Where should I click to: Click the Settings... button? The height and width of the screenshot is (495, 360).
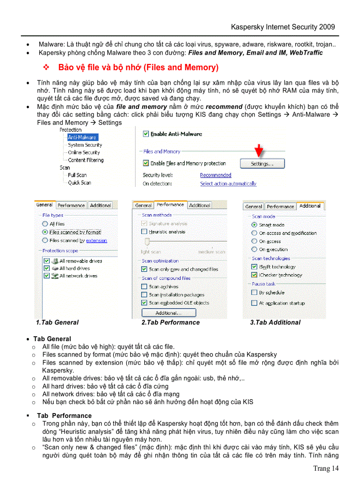262,164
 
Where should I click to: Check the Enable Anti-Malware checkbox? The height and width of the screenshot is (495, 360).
146,134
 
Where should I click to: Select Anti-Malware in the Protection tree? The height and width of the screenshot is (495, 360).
82,138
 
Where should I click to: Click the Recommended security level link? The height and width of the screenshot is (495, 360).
215,175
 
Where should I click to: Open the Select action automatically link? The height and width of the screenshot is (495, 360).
228,184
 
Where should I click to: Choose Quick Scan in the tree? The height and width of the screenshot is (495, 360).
79,183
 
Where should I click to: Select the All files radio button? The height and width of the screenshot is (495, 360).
45,224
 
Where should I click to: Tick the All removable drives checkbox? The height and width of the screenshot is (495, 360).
46,261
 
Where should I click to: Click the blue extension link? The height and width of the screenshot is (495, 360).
96,241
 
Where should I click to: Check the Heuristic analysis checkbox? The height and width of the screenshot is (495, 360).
144,231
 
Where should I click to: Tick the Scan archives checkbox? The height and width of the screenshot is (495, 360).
144,287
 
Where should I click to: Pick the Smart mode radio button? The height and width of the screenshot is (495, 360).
254,225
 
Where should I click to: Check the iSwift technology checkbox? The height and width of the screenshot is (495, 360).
254,267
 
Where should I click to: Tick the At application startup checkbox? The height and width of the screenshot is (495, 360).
254,303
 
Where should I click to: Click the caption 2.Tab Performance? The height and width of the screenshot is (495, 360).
170,323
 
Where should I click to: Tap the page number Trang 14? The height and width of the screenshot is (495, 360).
326,469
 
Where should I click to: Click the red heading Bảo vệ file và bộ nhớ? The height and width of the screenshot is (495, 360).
138,68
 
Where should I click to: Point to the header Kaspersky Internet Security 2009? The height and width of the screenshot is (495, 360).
283,27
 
